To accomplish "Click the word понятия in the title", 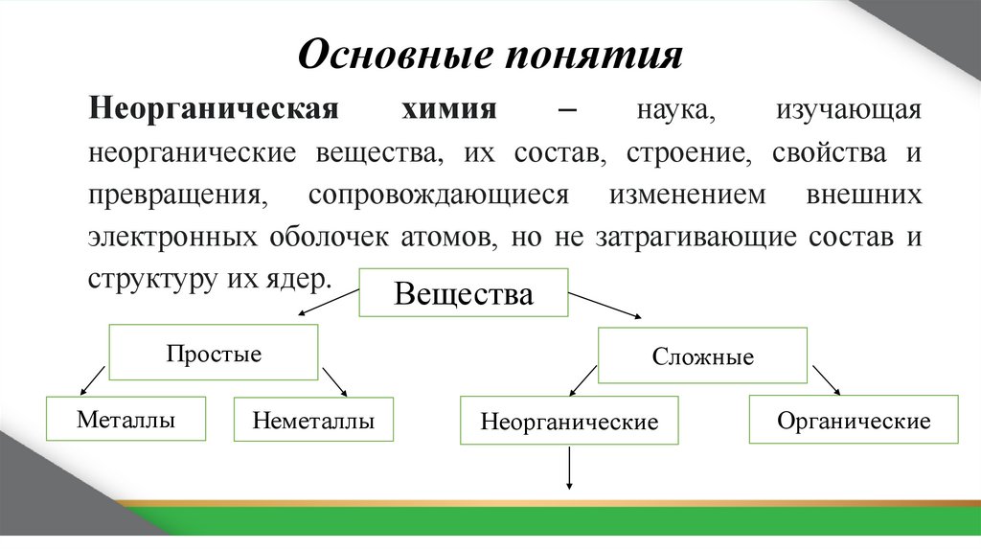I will pos(593,55).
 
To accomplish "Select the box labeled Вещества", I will pos(464,293).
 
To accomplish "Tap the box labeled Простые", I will pos(214,353).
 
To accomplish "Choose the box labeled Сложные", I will pos(703,357).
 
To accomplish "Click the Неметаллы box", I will pos(313,420).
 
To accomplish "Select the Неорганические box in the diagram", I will pos(569,421).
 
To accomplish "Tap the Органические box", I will pos(854,420).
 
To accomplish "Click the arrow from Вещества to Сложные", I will pos(606,306).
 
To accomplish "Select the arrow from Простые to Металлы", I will pos(91,379).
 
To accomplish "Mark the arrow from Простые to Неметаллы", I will pos(334,380).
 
